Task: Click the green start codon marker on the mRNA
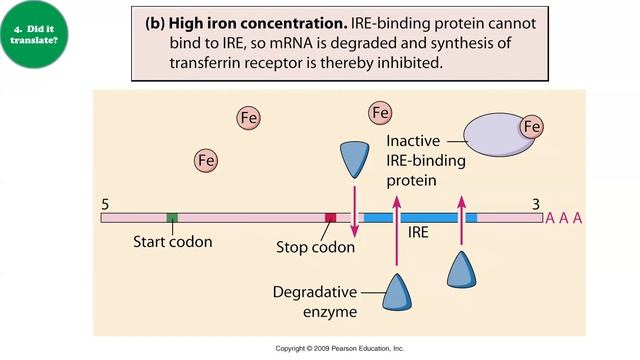(x=172, y=217)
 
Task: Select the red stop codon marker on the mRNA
(x=331, y=217)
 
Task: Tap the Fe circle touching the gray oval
(x=532, y=127)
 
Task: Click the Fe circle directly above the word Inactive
(x=380, y=113)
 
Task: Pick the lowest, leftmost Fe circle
(x=207, y=159)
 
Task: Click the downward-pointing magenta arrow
(x=353, y=205)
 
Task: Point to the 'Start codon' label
(x=172, y=241)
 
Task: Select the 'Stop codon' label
(x=315, y=246)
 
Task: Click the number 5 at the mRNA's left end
(x=106, y=203)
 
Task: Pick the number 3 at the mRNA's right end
(x=535, y=203)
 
